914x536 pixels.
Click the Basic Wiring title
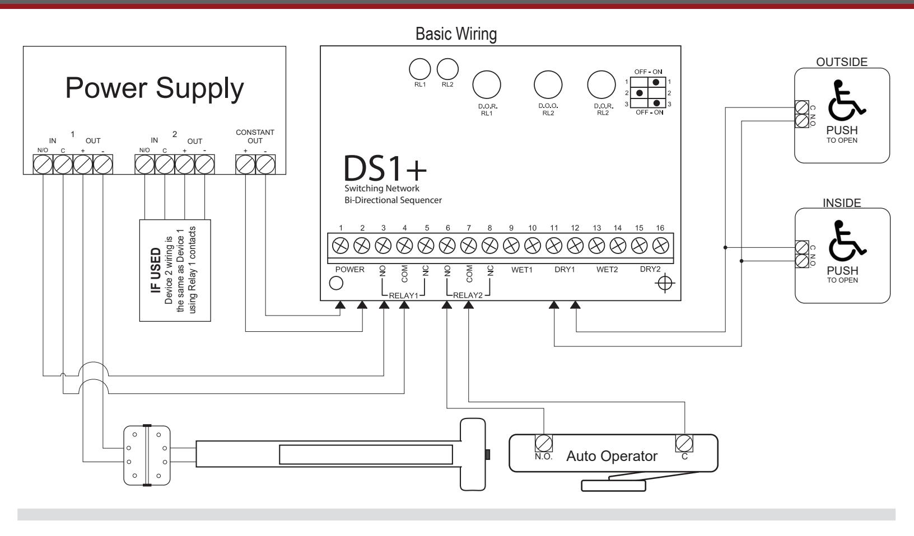(x=456, y=34)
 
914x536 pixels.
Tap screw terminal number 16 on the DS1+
(x=661, y=246)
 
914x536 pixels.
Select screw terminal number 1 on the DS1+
(x=341, y=246)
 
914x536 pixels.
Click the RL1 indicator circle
(x=420, y=68)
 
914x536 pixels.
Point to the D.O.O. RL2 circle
(x=548, y=85)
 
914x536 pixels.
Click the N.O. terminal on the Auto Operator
(x=543, y=443)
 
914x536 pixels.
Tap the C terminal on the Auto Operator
(x=684, y=443)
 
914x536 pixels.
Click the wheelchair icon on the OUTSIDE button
(x=846, y=100)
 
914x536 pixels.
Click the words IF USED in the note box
(x=156, y=270)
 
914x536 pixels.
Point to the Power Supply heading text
(x=155, y=88)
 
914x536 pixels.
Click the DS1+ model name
(x=385, y=168)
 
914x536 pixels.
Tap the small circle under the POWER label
(x=336, y=283)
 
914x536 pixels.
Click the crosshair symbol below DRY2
(x=665, y=283)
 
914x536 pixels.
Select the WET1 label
(x=522, y=270)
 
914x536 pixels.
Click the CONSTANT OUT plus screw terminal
(x=245, y=164)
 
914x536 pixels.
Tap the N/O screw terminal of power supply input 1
(x=43, y=164)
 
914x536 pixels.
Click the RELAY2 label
(x=468, y=295)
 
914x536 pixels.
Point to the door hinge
(x=147, y=455)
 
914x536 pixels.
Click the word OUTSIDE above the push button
(x=841, y=62)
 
